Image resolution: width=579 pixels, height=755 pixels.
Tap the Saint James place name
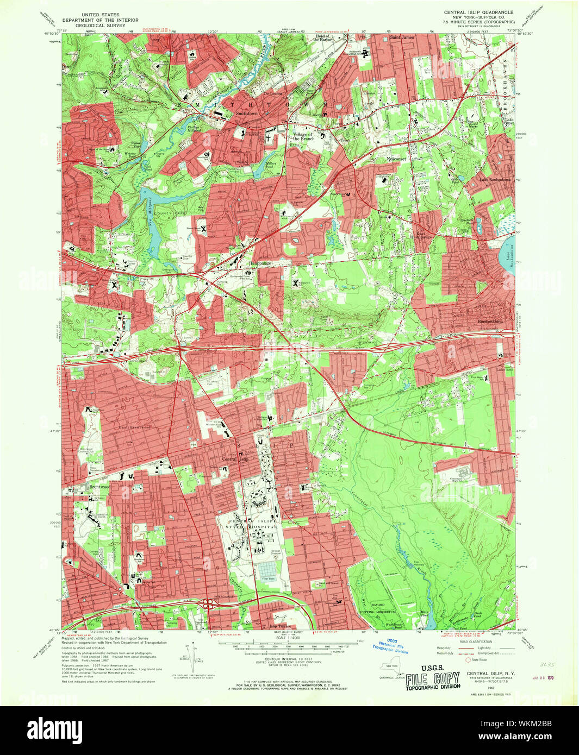[x=400, y=37]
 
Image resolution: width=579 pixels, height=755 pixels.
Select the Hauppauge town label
[x=260, y=262]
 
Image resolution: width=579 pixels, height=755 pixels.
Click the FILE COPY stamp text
[x=432, y=678]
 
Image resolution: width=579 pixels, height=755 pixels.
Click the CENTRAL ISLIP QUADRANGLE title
[x=478, y=12]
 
